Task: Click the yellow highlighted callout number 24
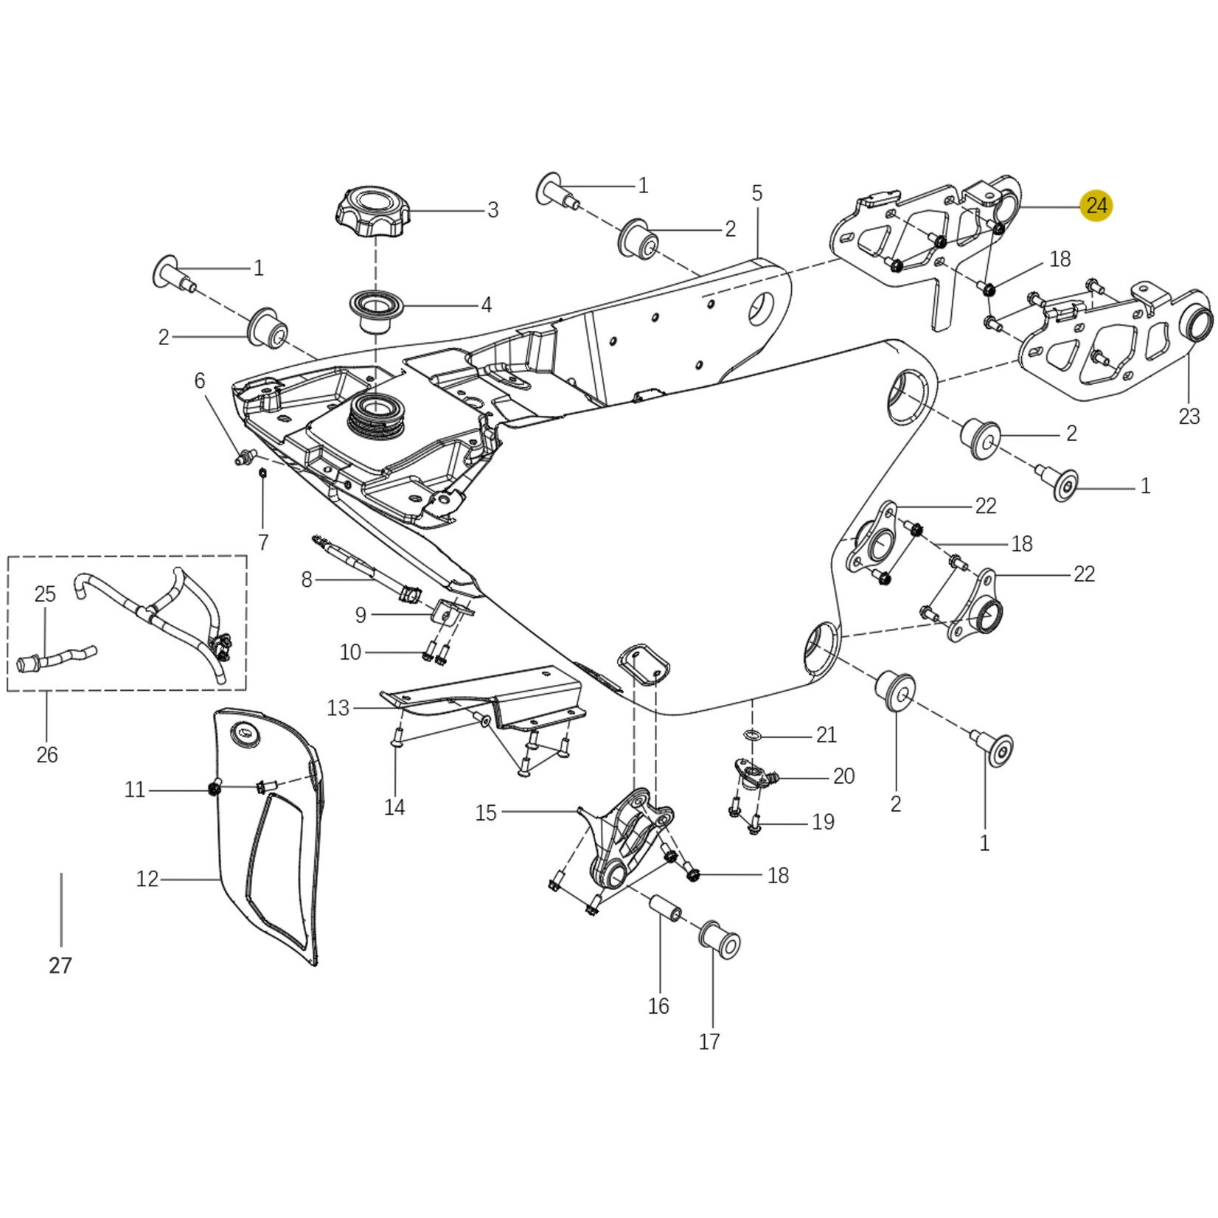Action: click(x=1096, y=206)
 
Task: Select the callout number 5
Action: click(x=757, y=194)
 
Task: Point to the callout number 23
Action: click(x=1189, y=417)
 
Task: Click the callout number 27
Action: click(x=60, y=965)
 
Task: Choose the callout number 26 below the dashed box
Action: click(x=46, y=755)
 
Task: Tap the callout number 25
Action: click(x=45, y=594)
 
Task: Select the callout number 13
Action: click(x=338, y=709)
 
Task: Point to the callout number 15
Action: click(x=486, y=813)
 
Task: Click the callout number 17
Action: click(x=709, y=1042)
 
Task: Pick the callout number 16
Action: click(x=658, y=1006)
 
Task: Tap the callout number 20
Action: click(x=843, y=776)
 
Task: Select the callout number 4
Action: click(x=486, y=304)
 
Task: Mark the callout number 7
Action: click(x=263, y=542)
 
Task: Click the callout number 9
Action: click(x=360, y=615)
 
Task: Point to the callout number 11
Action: click(x=135, y=790)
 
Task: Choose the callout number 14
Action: click(x=394, y=807)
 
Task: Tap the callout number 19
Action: click(x=823, y=821)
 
